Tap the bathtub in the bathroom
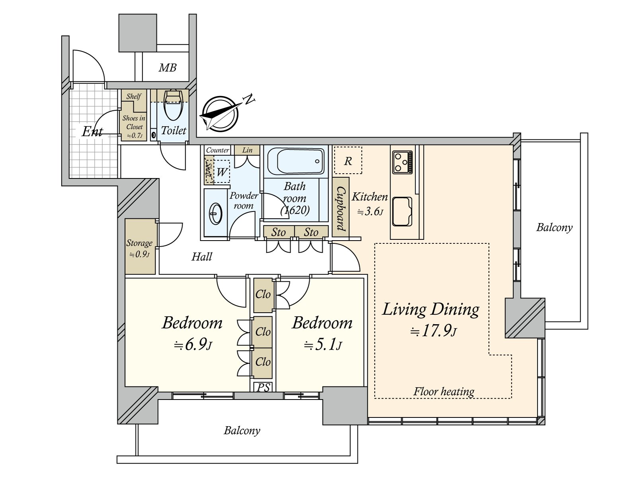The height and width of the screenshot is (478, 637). pos(295,161)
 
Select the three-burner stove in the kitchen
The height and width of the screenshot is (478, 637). pos(402,162)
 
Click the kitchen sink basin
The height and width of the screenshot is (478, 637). pos(402,212)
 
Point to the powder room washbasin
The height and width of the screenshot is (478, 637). pos(215,214)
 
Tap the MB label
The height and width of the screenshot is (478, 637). pos(168,68)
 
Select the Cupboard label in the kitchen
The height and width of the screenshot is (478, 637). pos(341,208)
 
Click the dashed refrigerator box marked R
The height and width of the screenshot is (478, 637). pos(348,161)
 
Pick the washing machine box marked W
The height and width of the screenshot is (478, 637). pos(222,172)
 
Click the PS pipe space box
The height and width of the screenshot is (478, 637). pos(263,387)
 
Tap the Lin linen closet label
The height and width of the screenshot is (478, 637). pos(247,150)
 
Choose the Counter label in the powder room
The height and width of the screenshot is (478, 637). pos(217,150)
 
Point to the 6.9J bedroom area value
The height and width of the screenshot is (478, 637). pos(193,345)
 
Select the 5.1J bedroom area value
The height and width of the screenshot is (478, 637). pos(323,345)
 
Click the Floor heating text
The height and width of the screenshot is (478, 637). pos(444,392)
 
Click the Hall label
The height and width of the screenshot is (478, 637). pos(202,257)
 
